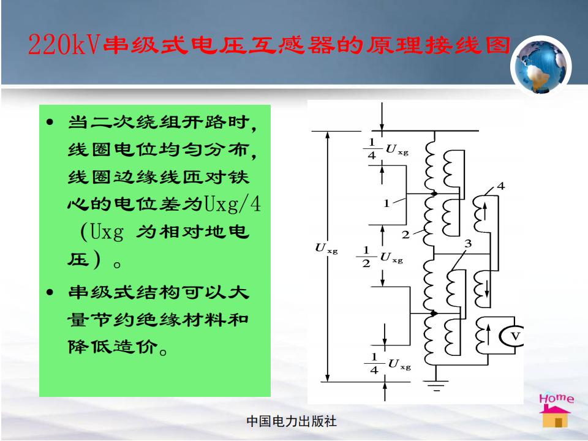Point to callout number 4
(500, 186)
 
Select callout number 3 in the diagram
(467, 244)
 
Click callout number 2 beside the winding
(405, 235)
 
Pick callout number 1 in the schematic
(386, 203)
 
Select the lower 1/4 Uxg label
(388, 364)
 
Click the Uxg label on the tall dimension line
(326, 248)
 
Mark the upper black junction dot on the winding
(434, 194)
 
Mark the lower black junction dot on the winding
(434, 313)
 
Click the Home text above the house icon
(557, 398)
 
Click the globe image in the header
(540, 66)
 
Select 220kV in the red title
(64, 44)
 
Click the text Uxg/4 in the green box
(232, 205)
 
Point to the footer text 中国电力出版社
(292, 421)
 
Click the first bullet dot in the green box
(50, 122)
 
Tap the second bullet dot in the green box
(50, 292)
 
